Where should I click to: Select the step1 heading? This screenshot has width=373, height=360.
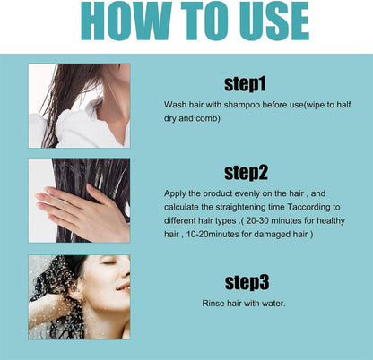click(x=245, y=85)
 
